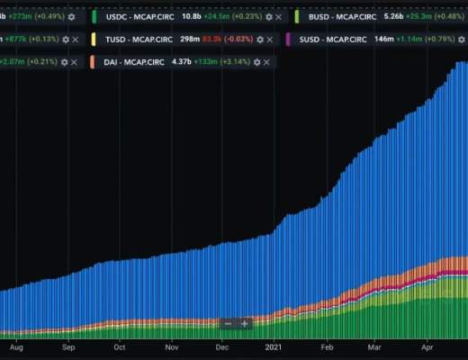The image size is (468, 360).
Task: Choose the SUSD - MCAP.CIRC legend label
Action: (x=334, y=40)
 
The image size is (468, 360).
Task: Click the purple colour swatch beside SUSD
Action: (x=288, y=40)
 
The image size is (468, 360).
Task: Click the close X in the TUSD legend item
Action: (x=274, y=40)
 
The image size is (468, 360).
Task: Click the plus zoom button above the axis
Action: (x=244, y=323)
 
